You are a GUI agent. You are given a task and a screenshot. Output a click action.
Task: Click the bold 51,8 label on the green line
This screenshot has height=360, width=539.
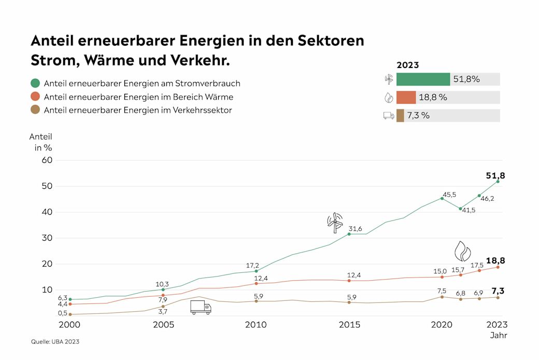pos(495,176)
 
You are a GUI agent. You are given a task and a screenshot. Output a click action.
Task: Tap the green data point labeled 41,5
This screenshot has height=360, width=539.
pos(460,209)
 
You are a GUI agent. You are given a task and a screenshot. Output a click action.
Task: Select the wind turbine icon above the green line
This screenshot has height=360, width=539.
pos(335,222)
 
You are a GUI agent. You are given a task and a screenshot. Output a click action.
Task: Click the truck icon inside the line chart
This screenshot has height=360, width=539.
pos(201,307)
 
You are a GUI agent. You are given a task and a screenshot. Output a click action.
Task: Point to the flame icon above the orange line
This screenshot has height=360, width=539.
pos(462,251)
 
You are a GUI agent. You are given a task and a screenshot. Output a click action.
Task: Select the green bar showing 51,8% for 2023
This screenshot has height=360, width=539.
pos(423,79)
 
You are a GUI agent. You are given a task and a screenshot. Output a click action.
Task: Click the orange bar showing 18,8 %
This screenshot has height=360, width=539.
pos(406,98)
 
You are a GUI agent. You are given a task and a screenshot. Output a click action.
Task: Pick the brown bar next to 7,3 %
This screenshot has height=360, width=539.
pos(400,116)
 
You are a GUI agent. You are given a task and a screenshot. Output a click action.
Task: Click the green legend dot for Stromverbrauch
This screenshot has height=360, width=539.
pos(35,83)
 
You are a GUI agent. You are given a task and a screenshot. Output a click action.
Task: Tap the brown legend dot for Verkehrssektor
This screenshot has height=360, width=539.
pos(35,110)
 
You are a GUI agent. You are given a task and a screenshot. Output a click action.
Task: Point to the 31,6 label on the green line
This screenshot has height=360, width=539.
pos(355,229)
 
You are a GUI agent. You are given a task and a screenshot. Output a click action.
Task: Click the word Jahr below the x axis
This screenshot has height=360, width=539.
pos(499,336)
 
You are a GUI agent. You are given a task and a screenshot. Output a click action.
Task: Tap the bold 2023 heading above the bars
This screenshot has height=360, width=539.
pos(407,65)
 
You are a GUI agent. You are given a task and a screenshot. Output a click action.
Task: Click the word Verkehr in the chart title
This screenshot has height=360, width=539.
pos(199,61)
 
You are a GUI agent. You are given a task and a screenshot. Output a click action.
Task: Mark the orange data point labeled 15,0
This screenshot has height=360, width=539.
pos(442,277)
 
